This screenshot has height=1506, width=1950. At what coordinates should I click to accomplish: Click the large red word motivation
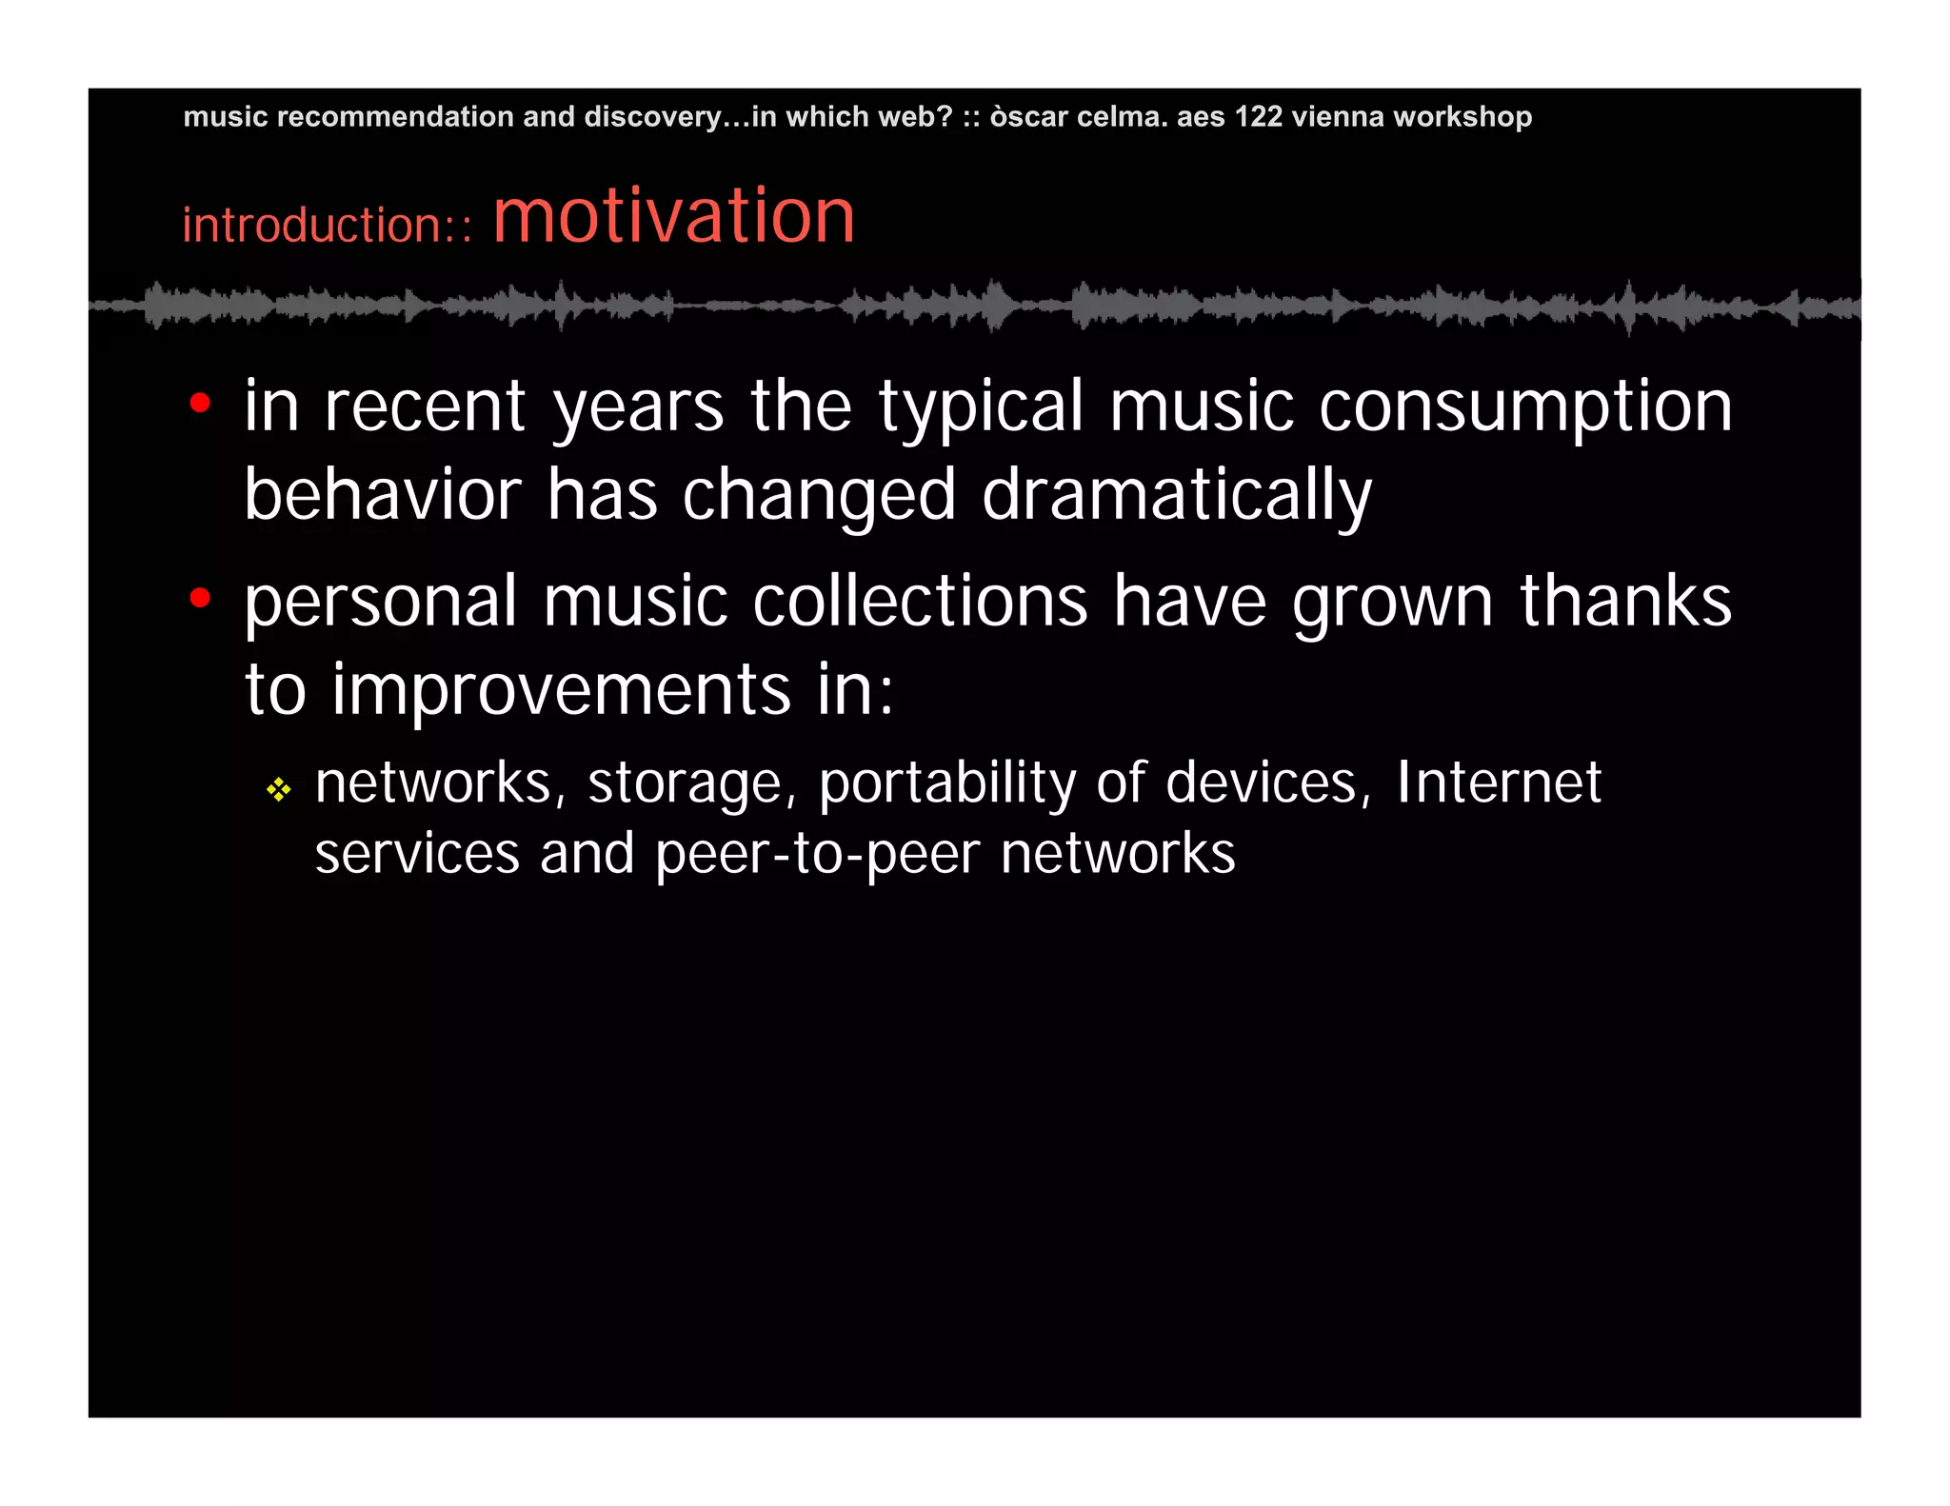[x=674, y=217]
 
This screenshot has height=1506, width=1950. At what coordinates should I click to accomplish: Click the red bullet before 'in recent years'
[x=200, y=404]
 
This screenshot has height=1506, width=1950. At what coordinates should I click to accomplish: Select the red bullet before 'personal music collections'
[x=200, y=599]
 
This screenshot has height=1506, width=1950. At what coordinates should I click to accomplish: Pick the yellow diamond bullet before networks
[x=278, y=789]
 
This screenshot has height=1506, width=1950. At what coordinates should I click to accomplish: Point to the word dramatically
[x=1177, y=495]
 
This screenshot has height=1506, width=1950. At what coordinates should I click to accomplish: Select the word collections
[x=920, y=602]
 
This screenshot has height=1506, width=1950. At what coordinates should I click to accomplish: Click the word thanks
[x=1625, y=602]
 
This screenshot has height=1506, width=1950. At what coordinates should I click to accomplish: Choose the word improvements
[x=561, y=689]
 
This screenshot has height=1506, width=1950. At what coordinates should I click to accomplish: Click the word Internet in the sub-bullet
[x=1499, y=783]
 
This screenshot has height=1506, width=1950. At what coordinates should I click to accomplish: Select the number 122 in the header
[x=1258, y=116]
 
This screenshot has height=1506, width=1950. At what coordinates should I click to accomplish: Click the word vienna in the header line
[x=1338, y=116]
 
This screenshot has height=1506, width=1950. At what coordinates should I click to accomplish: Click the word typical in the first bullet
[x=981, y=407]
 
